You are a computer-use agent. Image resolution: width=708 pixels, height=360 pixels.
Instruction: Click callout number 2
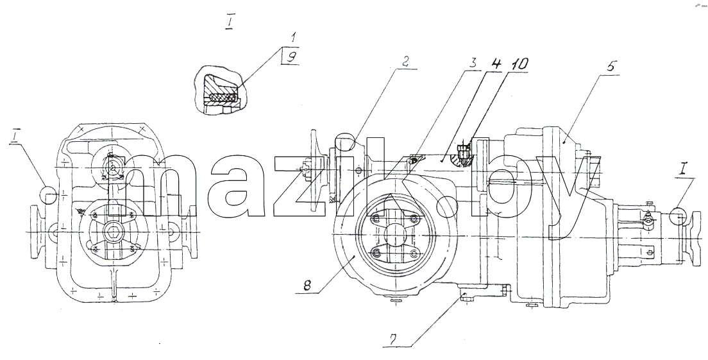click(x=405, y=62)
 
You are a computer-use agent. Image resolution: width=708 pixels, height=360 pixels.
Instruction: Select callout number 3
click(x=472, y=62)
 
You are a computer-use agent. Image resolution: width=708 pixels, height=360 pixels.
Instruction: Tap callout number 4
click(x=496, y=64)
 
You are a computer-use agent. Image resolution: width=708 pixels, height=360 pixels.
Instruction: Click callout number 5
click(x=610, y=66)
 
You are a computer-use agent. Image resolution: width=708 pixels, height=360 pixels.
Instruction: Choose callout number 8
click(x=307, y=286)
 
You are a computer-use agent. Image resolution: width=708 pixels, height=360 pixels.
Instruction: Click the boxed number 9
click(x=292, y=57)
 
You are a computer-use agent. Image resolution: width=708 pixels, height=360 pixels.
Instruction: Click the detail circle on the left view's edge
click(x=49, y=194)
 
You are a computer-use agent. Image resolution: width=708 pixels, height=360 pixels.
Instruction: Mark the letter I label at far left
click(x=15, y=137)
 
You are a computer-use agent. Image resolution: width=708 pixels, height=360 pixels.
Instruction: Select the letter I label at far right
click(x=683, y=170)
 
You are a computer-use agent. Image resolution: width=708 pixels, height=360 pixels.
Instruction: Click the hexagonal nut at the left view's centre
click(x=111, y=232)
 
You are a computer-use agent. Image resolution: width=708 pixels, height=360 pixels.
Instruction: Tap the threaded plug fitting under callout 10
click(x=462, y=152)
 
